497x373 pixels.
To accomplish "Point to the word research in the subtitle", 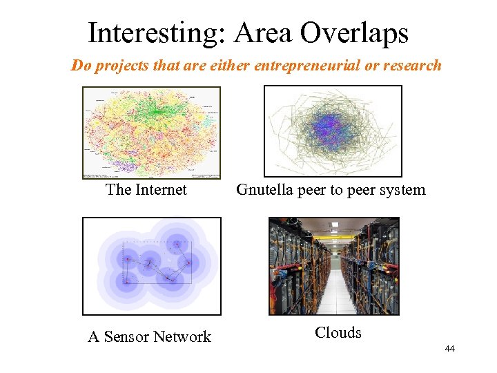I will (412, 66).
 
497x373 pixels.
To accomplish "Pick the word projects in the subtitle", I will (121, 66).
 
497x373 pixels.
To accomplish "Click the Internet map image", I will (151, 133).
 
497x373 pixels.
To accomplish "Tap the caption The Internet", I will (146, 189).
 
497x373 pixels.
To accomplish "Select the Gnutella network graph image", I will (333, 131).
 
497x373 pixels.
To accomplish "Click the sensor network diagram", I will (152, 266).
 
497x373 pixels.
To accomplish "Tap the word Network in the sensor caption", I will (182, 337).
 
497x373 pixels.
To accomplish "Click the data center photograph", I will (334, 266).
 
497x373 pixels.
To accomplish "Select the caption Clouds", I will (338, 333).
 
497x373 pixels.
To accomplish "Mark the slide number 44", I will (449, 349).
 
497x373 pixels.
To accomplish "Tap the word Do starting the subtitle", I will (81, 66).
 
